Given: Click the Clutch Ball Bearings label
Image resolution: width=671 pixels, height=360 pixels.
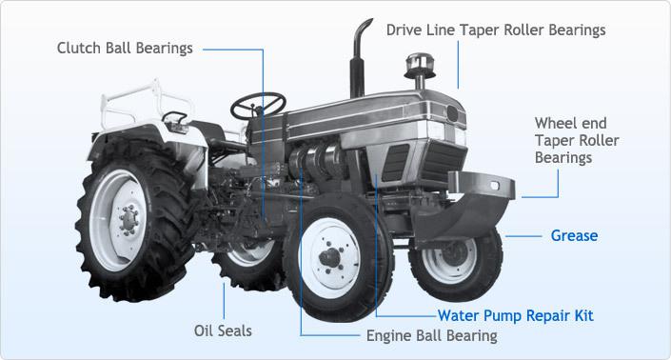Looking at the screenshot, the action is pos(125,48).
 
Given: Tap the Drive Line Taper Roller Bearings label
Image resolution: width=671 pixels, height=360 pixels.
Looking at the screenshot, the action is pos(496,30).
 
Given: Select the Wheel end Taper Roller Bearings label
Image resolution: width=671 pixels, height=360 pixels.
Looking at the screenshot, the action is pos(577,140).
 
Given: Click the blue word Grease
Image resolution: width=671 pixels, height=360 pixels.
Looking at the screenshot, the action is pos(574,235).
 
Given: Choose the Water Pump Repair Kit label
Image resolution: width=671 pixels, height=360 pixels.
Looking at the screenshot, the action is pos(515,315).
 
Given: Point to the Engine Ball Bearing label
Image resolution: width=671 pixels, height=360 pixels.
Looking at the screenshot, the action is pos(432,335).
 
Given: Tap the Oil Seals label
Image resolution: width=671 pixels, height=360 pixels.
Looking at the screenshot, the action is pos(223,330).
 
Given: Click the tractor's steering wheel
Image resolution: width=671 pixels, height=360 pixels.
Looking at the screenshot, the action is pos(258,105).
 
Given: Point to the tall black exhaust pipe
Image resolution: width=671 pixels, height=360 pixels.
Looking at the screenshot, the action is pos(359,58).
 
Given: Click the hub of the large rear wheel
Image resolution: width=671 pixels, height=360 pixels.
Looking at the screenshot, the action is pos(128,220).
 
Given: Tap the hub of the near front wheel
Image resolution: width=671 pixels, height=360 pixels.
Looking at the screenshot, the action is pos(330,257).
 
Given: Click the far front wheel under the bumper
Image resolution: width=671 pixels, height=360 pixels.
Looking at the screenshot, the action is pos(456,262).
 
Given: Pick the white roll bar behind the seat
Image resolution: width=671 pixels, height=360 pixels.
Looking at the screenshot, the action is pos(146,103).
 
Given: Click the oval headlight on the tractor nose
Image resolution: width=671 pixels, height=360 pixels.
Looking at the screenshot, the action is pos(452,113).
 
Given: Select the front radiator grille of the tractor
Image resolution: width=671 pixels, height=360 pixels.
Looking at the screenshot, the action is pos(443,161).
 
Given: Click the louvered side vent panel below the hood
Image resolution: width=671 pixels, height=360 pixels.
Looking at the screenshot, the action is pos(395,163).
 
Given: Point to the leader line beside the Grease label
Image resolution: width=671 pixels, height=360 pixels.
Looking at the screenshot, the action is pos(523,236).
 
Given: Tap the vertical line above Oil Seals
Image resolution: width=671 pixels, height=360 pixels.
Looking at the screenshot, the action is pos(224,301).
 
